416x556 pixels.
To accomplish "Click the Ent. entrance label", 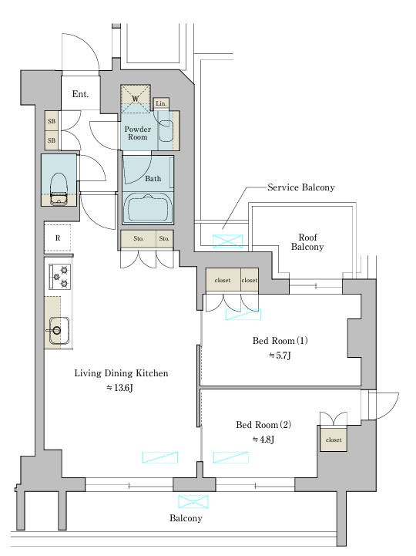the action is coord(80,94).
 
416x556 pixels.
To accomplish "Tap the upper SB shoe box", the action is coord(52,121).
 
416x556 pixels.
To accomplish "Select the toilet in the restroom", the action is coord(59,188).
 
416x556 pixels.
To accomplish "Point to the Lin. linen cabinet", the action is coord(161,103).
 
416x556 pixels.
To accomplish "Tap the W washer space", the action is coord(136,99).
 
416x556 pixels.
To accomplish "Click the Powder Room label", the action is coord(137,133).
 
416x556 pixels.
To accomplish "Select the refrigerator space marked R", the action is coord(58,238).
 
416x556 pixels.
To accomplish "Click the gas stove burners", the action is coord(60,277).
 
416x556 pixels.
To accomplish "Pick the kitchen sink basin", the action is coord(59,331).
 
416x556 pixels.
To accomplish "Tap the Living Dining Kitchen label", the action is coord(121,373).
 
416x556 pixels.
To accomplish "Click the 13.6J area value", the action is coord(119,388).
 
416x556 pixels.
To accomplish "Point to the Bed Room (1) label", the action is coord(280,341).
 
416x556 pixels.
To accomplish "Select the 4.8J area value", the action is coord(263,440).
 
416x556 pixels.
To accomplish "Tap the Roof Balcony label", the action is coord(307,242).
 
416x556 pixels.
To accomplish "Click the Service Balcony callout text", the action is coord(301,187).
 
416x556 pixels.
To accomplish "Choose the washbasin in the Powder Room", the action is coord(166,130).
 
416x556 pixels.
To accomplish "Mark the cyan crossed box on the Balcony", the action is coord(193,502).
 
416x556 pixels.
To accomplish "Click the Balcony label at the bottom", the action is coord(186,518).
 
